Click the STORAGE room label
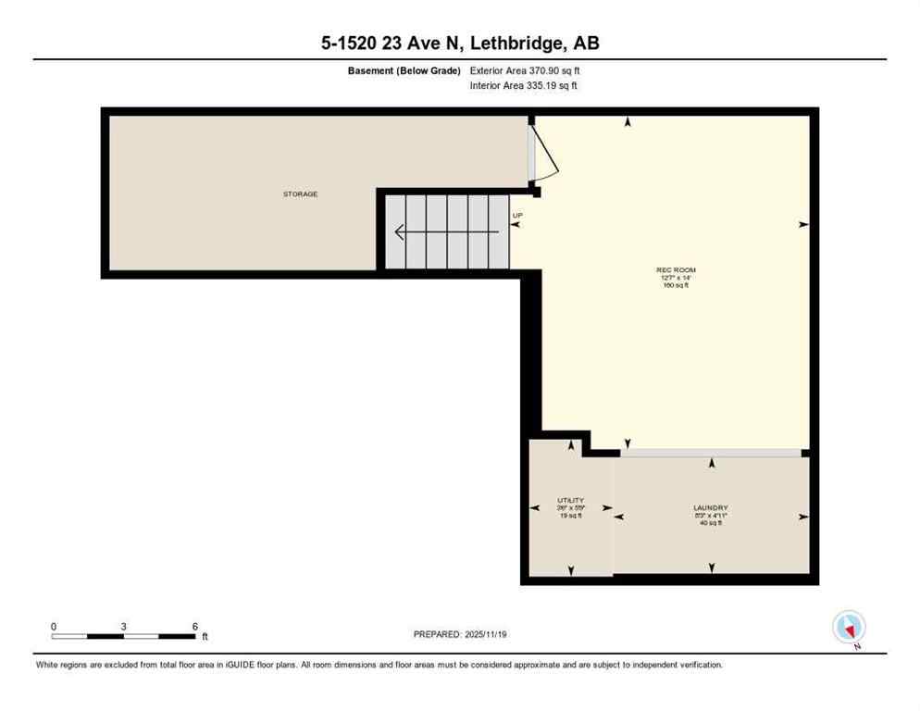click(x=300, y=194)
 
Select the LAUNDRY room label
click(x=710, y=507)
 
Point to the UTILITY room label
click(x=570, y=500)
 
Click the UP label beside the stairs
click(x=517, y=216)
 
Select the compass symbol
click(x=849, y=627)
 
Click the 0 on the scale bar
click(x=54, y=627)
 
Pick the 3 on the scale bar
click(x=123, y=627)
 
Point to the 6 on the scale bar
click(x=194, y=627)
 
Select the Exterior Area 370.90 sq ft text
click(x=525, y=70)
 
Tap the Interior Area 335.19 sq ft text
click(x=525, y=86)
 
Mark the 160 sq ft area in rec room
click(x=676, y=285)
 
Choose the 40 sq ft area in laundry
click(x=710, y=523)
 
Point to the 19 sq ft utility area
click(x=570, y=516)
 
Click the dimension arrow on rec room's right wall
click(x=802, y=224)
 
